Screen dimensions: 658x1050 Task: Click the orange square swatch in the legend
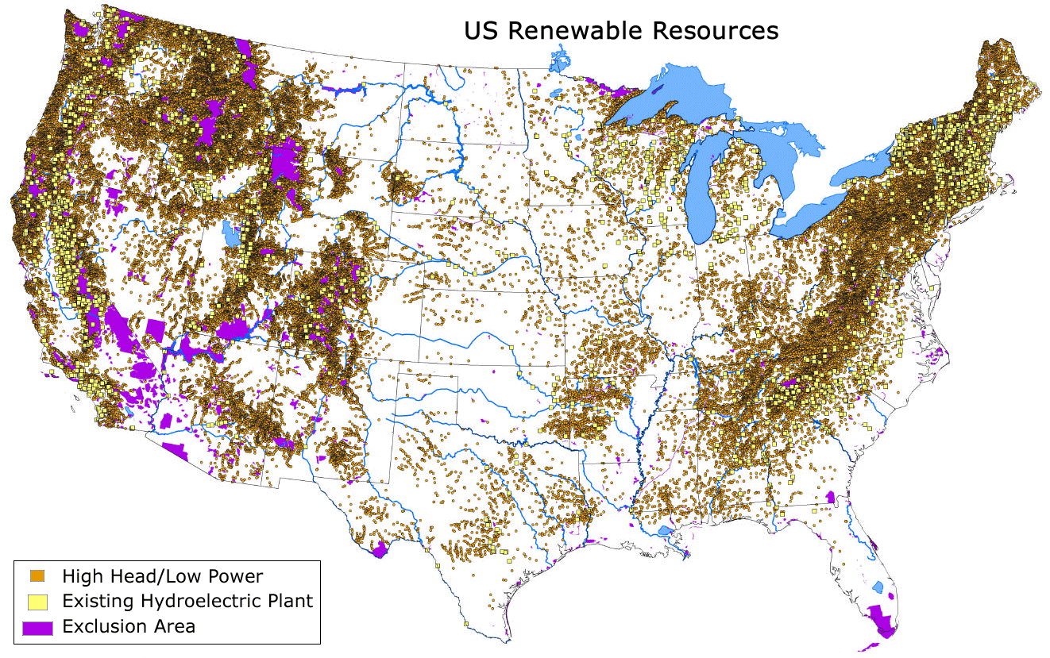37,575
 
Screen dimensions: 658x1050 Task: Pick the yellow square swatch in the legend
37,601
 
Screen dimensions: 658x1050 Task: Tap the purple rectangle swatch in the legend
37,626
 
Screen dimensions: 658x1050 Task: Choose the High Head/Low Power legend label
162,575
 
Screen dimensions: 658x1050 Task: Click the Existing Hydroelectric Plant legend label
187,601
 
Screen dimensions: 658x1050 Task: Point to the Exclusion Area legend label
129,626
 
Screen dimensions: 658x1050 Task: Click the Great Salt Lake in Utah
231,234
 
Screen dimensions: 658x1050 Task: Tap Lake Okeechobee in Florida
878,588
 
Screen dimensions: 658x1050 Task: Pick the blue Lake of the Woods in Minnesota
560,60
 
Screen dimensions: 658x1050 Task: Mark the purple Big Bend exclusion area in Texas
380,548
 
